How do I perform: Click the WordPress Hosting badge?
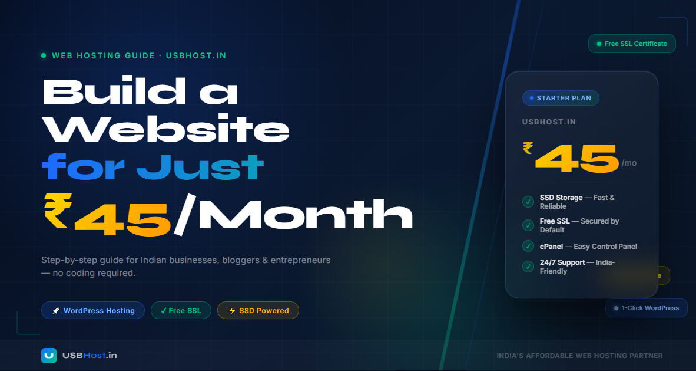(93, 310)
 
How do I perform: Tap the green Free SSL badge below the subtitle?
(181, 310)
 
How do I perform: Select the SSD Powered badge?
(258, 310)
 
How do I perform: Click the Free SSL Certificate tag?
(632, 44)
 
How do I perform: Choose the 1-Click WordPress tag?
(646, 308)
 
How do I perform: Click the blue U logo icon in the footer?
(49, 355)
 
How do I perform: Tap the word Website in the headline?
(167, 129)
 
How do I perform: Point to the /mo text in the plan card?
(629, 163)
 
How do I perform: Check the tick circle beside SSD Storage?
(528, 202)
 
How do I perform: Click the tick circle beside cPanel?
(528, 246)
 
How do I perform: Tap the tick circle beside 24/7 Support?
(528, 267)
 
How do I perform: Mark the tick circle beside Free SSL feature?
(528, 225)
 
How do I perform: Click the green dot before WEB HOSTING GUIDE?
(44, 55)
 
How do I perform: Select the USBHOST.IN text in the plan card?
(549, 122)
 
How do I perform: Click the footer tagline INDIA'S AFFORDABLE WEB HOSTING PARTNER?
(579, 356)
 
